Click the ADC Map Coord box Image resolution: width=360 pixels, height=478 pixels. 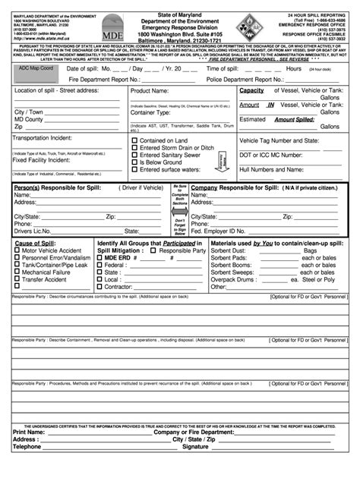tap(36, 68)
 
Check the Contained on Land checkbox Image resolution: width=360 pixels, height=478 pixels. tap(134, 140)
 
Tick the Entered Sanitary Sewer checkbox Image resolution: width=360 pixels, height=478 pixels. tap(134, 155)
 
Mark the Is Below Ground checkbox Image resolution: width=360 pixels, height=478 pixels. tap(134, 162)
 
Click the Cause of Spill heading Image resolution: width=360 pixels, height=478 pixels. tap(35, 243)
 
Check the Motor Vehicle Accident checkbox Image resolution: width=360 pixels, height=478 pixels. tap(17, 250)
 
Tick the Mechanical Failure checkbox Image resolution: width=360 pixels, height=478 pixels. tap(17, 272)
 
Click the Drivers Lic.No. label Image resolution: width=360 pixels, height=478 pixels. tap(33, 231)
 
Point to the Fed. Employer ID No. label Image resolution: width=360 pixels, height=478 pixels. tap(223, 231)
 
